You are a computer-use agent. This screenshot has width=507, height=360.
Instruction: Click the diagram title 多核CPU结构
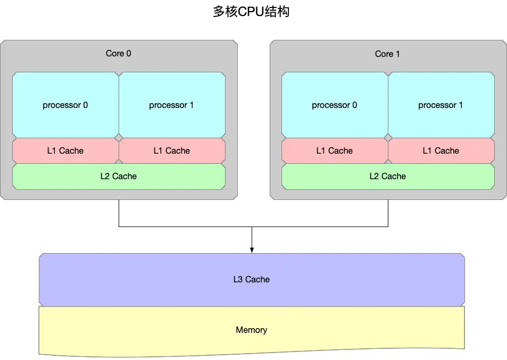(251, 12)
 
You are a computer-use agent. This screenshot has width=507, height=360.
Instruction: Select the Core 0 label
(119, 54)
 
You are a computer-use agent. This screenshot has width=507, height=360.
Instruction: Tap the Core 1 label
(387, 54)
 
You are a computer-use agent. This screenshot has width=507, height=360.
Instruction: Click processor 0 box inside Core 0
(65, 105)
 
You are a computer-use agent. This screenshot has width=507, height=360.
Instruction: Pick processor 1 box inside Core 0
(171, 105)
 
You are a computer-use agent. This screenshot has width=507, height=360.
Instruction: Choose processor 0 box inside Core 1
(335, 105)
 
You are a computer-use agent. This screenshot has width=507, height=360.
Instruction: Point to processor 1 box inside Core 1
(440, 105)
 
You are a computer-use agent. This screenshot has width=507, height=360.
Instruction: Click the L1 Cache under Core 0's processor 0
(65, 150)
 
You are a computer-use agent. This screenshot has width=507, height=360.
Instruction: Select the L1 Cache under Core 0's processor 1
(172, 150)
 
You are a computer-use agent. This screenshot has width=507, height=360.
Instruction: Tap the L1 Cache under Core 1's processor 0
(335, 150)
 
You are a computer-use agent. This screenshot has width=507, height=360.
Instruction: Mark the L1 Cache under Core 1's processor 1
(441, 150)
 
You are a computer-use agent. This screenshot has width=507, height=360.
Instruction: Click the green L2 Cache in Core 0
(119, 176)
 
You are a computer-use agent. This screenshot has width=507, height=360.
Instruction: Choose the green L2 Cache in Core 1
(388, 176)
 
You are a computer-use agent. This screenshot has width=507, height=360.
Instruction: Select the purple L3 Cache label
(252, 279)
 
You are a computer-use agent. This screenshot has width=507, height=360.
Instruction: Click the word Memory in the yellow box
(252, 330)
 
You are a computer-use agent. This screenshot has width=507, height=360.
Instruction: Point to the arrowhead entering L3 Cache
(252, 250)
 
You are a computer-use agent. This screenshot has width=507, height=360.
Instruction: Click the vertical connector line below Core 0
(119, 213)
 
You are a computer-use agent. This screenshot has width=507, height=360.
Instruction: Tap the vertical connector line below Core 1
(388, 213)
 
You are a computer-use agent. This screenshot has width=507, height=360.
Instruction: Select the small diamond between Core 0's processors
(119, 138)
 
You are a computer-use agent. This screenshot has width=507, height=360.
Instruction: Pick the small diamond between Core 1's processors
(388, 138)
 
